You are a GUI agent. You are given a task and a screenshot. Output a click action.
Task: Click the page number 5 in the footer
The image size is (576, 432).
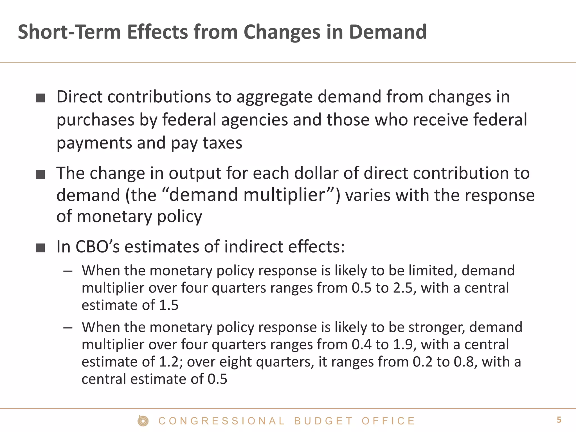559,420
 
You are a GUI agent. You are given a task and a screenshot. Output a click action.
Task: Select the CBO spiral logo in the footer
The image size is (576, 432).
143,421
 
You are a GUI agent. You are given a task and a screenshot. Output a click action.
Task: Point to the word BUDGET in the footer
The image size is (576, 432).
323,421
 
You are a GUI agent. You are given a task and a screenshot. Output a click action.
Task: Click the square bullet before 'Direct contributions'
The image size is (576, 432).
40,98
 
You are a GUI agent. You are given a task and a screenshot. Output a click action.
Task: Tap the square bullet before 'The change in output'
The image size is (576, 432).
40,174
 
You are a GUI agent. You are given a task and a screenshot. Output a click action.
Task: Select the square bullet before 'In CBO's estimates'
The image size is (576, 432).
40,248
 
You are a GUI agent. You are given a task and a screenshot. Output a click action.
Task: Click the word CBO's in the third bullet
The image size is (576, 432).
98,247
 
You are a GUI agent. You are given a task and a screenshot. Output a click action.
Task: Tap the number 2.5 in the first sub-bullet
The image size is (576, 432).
404,288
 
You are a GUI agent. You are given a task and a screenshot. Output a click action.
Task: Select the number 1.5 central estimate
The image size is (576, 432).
169,305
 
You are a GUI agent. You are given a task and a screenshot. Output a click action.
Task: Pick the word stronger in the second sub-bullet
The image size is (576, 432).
436,327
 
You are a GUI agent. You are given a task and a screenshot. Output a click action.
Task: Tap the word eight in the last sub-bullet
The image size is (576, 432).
235,362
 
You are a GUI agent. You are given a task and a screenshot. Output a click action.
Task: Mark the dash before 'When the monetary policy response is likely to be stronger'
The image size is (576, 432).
68,328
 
